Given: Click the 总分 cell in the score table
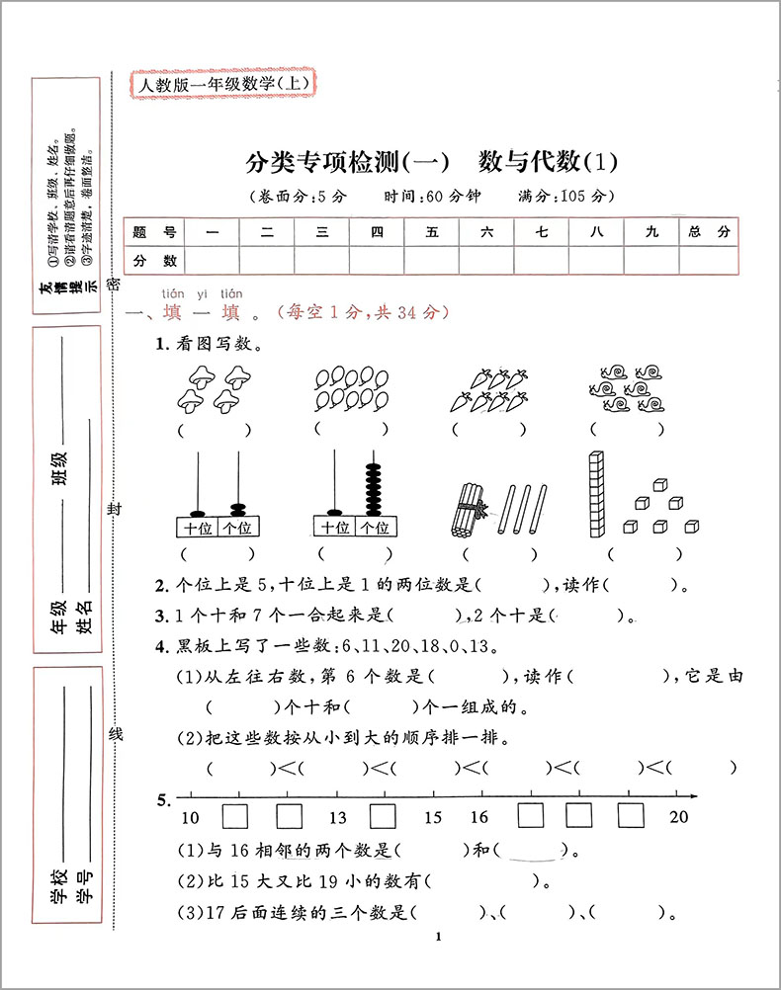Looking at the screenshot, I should click(709, 232).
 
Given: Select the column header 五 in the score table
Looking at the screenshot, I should click(431, 232).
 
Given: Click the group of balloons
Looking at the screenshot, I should click(350, 386).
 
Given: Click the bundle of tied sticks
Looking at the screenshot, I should click(468, 511).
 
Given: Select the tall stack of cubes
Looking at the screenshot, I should click(595, 493).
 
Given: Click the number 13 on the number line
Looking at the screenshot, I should click(338, 818).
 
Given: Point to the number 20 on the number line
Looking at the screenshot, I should click(678, 818).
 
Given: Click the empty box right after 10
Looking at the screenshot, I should click(235, 815).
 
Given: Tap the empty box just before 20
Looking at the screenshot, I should click(631, 815).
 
